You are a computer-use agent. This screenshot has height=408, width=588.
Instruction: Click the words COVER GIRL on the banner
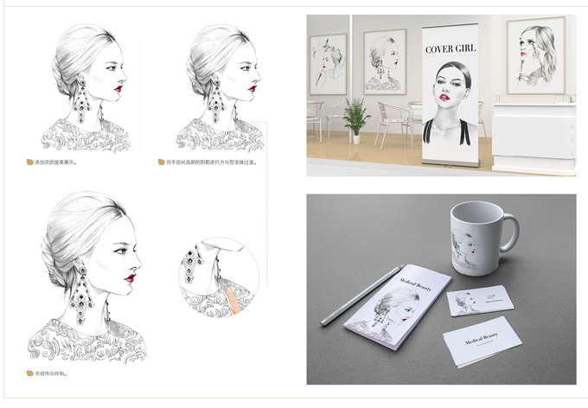[451, 49]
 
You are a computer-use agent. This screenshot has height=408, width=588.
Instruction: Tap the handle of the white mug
[510, 233]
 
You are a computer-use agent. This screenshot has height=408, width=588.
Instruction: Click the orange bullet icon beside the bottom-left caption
[29, 373]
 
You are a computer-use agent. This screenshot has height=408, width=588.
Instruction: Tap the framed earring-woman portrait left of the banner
[384, 61]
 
